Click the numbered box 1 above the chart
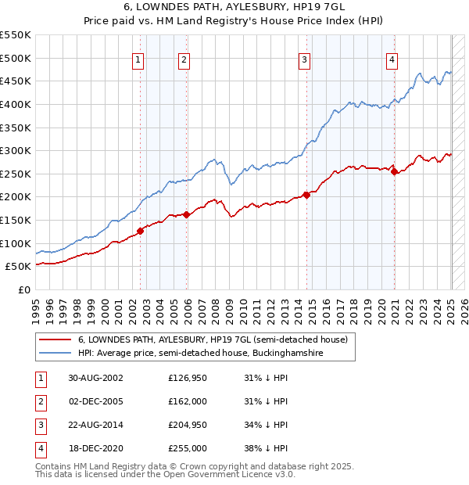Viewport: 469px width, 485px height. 138,60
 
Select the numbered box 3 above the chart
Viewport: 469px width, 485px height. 304,60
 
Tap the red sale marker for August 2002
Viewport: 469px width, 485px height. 141,231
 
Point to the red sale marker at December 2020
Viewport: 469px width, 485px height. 395,172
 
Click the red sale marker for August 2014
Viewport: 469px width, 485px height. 306,196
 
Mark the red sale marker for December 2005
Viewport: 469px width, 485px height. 187,214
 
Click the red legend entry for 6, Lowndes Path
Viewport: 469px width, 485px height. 217,339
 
